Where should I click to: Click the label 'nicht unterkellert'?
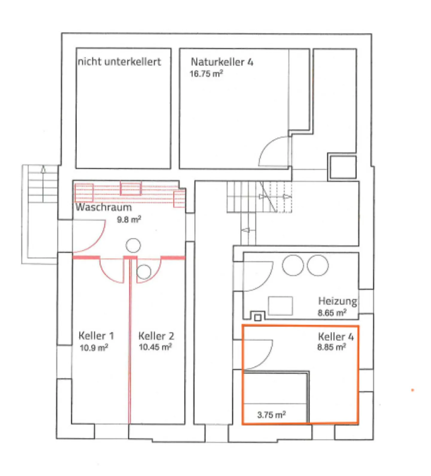tap(119, 62)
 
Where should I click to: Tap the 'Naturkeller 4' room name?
tap(222, 62)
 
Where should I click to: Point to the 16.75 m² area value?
tap(206, 74)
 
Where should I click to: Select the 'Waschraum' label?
tap(104, 207)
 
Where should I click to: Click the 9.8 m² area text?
tap(129, 220)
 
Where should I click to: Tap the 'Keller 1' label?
tap(96, 336)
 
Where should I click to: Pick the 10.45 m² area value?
tap(155, 347)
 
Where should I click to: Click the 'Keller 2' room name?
tap(156, 336)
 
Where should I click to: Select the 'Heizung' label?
tap(337, 301)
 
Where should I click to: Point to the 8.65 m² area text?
tap(332, 313)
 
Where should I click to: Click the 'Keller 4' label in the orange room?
tap(336, 337)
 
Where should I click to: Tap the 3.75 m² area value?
tap(271, 415)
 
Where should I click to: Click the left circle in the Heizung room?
tap(293, 265)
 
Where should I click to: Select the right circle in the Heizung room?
tap(318, 265)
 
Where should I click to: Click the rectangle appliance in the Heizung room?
tap(280, 306)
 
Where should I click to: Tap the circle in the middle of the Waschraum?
tap(133, 245)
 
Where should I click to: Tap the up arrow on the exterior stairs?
tap(43, 170)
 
